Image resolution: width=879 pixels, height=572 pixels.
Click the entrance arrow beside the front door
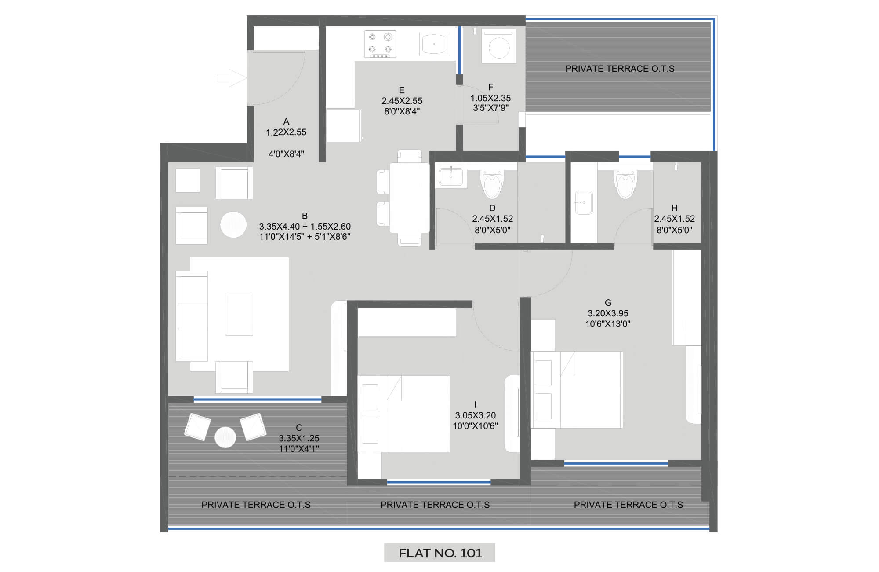point(231,78)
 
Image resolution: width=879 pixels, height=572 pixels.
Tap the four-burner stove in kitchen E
point(380,44)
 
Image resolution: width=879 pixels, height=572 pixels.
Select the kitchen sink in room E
point(434,44)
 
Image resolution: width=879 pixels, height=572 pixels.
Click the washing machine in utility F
point(499,46)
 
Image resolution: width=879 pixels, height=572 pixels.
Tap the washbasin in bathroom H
point(583,202)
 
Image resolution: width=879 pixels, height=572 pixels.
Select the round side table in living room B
point(233,224)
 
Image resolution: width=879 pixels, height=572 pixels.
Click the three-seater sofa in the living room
point(192,316)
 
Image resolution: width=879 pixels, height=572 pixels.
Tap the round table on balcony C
point(225,437)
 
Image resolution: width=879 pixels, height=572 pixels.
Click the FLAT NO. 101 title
point(440,553)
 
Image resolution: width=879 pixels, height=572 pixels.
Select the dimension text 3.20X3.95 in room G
point(608,313)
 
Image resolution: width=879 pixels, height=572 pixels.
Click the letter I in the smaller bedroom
point(475,404)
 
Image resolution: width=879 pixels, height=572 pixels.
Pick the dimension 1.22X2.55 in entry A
point(286,132)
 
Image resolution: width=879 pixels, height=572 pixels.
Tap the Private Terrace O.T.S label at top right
point(620,69)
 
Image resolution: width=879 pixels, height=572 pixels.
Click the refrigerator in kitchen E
point(344,125)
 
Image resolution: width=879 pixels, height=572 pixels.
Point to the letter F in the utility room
point(490,87)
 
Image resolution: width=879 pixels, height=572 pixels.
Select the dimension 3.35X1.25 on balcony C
point(299,438)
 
